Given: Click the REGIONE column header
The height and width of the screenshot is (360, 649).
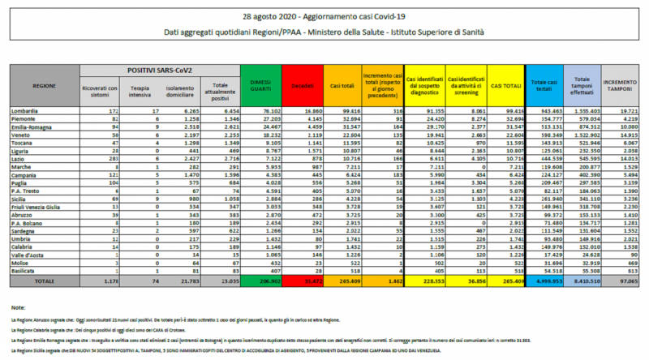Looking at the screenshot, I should point(45,85).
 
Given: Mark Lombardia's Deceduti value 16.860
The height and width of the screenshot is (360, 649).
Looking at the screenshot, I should point(302,108).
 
